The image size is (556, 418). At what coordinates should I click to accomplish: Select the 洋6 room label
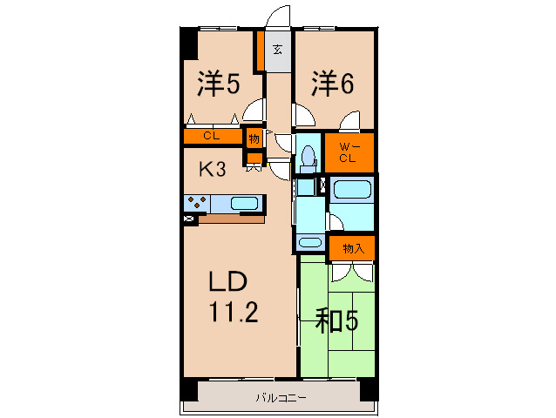[x=333, y=84]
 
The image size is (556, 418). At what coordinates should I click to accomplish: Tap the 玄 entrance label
[x=277, y=49]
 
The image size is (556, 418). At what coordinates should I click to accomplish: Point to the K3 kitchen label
[x=214, y=170]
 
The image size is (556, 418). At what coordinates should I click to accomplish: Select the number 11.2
[x=232, y=313]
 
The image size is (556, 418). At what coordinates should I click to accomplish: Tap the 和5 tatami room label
[x=336, y=321]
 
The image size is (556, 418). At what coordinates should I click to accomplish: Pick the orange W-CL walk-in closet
[x=349, y=152]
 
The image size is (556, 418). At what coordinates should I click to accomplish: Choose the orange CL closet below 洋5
[x=212, y=136]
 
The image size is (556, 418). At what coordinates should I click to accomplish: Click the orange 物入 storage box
[x=352, y=248]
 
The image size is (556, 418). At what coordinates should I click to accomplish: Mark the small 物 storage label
[x=254, y=138]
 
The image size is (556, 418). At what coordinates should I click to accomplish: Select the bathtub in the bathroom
[x=352, y=191]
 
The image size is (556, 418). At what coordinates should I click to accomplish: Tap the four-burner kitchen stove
[x=195, y=204]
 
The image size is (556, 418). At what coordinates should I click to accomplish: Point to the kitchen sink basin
[x=245, y=204]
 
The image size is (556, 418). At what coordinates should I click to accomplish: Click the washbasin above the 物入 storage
[x=309, y=243]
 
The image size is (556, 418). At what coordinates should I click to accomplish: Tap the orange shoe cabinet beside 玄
[x=259, y=52]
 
